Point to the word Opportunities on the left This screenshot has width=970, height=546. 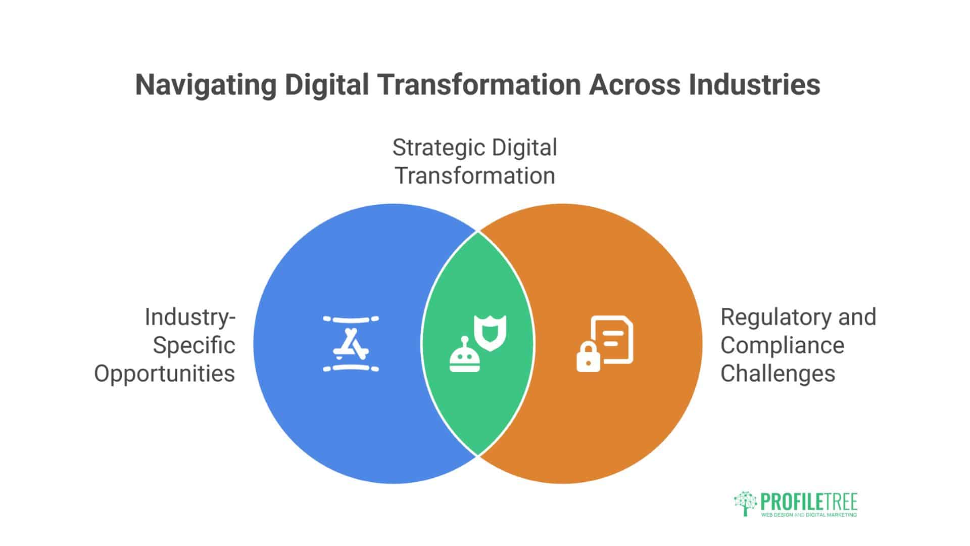pos(165,374)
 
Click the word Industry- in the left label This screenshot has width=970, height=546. pos(190,317)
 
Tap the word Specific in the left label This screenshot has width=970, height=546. pos(194,346)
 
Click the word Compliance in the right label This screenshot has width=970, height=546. pos(782,346)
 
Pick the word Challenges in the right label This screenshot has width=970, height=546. pos(778,374)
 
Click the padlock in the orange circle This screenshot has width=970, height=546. pos(588,357)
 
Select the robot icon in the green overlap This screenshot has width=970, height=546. pos(465,356)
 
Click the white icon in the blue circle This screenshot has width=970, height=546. pos(351,344)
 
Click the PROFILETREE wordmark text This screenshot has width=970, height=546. pos(809,502)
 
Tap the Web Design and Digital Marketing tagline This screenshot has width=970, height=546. pos(809,515)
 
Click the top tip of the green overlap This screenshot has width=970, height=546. pos(478,232)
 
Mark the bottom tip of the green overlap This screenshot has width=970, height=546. pos(478,455)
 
